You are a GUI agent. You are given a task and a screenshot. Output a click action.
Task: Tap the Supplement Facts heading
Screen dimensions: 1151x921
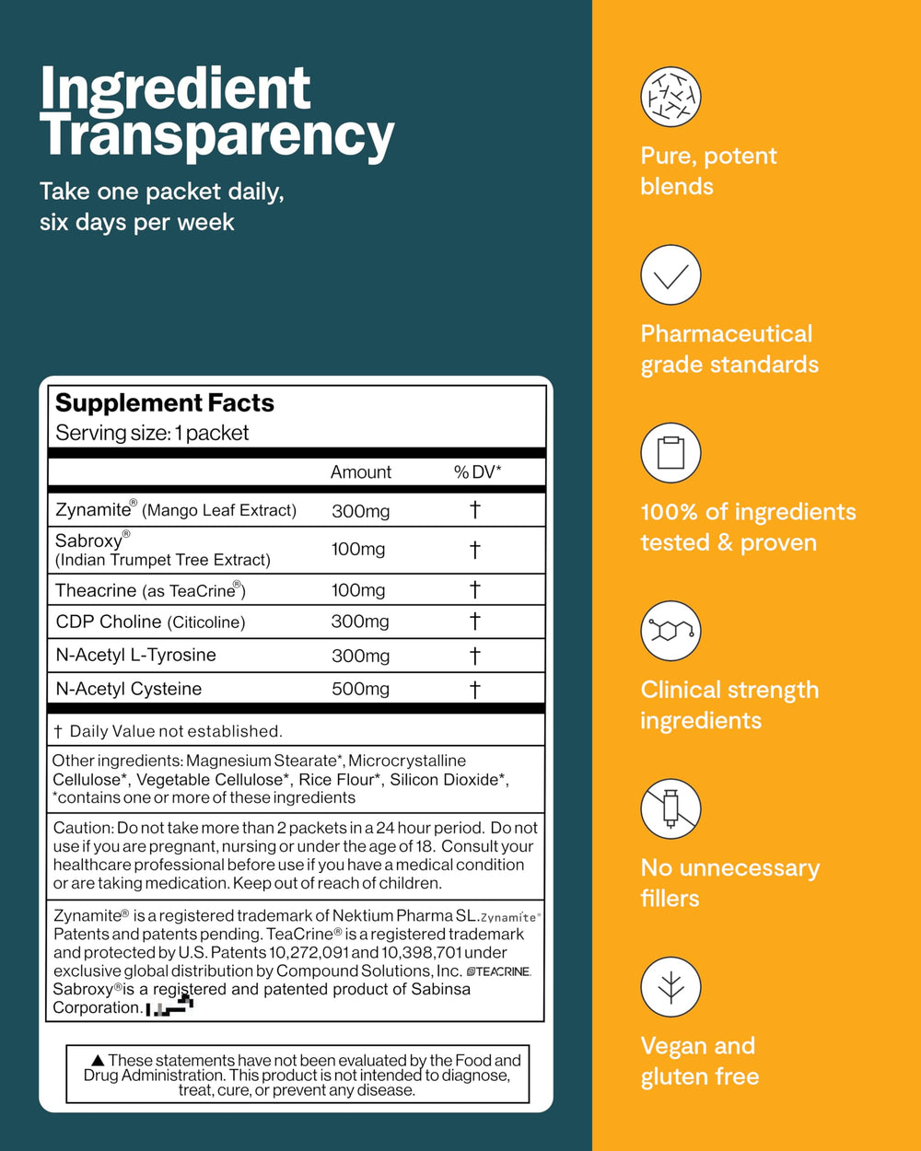click(x=165, y=403)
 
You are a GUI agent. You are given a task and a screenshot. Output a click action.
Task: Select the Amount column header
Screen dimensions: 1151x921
click(x=361, y=472)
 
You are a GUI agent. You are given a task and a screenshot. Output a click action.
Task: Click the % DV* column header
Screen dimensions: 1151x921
click(x=477, y=472)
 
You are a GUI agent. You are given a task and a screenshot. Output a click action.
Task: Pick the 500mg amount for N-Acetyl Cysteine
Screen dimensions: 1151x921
click(x=360, y=689)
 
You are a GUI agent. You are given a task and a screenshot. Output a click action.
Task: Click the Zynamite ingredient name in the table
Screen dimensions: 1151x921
click(x=92, y=509)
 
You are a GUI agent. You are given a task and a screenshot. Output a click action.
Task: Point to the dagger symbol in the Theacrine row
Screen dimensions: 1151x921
click(x=475, y=589)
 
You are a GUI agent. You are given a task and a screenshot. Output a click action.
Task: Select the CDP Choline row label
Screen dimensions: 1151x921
click(x=150, y=622)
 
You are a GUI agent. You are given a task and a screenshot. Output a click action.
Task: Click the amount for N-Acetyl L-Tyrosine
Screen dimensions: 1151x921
click(x=360, y=656)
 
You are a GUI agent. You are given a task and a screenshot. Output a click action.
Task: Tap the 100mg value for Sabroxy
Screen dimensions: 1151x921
click(x=358, y=550)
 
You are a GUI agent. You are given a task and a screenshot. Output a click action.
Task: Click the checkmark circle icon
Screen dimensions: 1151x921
click(x=670, y=274)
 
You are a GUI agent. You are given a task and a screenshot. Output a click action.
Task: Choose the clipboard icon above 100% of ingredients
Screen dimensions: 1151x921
click(x=670, y=453)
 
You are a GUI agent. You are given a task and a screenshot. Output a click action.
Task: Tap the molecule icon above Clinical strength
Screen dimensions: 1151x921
click(x=670, y=631)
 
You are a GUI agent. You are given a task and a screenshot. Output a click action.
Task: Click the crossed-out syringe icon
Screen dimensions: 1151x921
click(x=670, y=809)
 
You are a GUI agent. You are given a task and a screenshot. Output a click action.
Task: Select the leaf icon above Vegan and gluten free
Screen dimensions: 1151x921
click(x=670, y=987)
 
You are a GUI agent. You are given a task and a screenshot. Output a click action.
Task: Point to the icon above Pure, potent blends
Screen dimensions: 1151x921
click(x=670, y=97)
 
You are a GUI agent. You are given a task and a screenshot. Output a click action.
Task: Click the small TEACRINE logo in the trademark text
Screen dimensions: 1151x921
click(x=499, y=971)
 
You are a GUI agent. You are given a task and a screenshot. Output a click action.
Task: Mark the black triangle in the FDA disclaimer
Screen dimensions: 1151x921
click(x=99, y=1061)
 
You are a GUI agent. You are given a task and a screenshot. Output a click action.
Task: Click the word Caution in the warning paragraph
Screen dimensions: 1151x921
click(x=83, y=828)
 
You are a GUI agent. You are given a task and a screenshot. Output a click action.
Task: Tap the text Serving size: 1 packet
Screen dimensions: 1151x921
click(x=152, y=433)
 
